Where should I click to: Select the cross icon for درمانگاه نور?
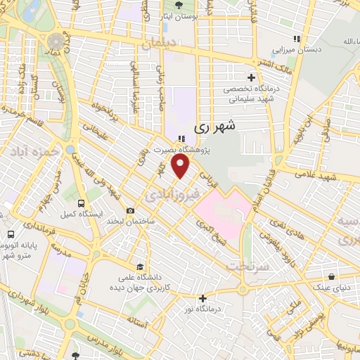tap(202, 298)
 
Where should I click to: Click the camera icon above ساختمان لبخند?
tap(130, 210)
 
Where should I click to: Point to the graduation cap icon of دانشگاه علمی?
tap(140, 267)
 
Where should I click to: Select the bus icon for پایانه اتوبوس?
tap(10, 235)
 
